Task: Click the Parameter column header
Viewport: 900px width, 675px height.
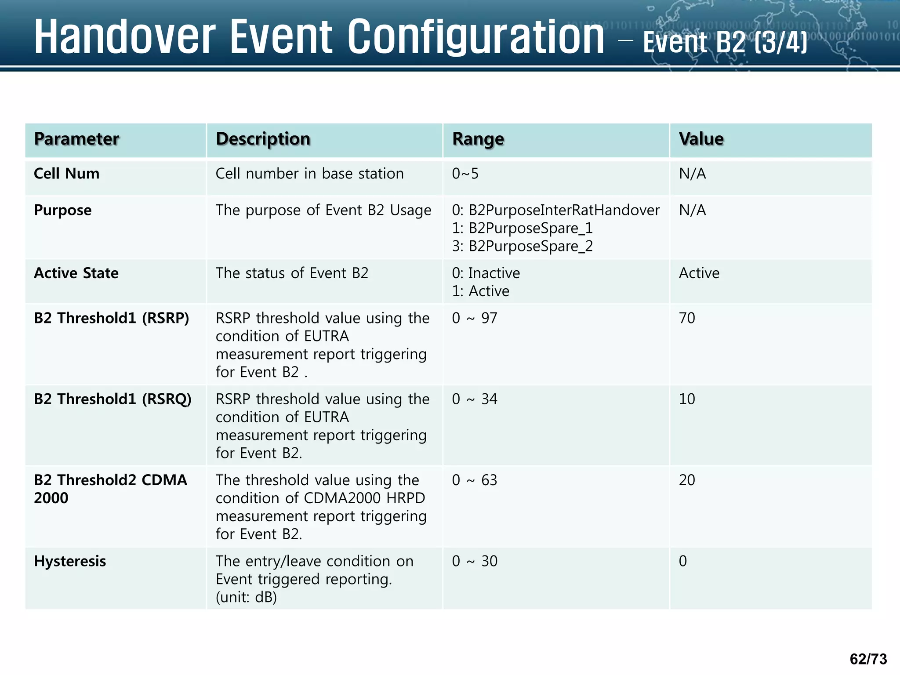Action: pyautogui.click(x=76, y=139)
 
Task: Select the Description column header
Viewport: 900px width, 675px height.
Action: pyautogui.click(x=263, y=139)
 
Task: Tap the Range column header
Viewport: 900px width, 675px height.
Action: pyautogui.click(x=478, y=139)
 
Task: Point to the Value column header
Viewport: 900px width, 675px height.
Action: pyautogui.click(x=701, y=139)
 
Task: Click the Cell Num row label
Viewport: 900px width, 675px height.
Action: pyautogui.click(x=67, y=174)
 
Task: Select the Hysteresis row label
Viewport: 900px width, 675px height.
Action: pyautogui.click(x=70, y=561)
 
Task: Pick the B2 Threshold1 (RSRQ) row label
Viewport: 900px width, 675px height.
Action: pyautogui.click(x=112, y=399)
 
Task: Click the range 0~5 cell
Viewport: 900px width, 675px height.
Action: pyautogui.click(x=465, y=174)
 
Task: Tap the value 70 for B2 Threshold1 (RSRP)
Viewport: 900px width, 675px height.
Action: pyautogui.click(x=687, y=318)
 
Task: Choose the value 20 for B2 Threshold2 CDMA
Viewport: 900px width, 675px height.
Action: pyautogui.click(x=687, y=480)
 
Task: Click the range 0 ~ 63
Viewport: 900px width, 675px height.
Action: pyautogui.click(x=475, y=480)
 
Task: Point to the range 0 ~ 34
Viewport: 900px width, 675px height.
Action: pyautogui.click(x=475, y=399)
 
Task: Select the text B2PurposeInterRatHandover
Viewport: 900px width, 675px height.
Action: pyautogui.click(x=564, y=210)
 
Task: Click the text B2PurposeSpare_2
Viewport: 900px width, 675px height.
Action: pyautogui.click(x=530, y=246)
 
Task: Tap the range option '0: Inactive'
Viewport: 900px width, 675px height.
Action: pyautogui.click(x=486, y=273)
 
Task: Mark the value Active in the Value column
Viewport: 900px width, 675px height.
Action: pyautogui.click(x=699, y=273)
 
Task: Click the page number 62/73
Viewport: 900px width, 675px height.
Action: pyautogui.click(x=868, y=659)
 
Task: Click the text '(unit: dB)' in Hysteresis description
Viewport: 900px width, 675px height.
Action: pyautogui.click(x=246, y=597)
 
